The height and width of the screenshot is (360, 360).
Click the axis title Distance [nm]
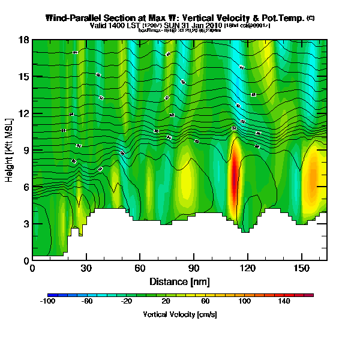[179, 281]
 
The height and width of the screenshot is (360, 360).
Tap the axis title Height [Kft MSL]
[10, 150]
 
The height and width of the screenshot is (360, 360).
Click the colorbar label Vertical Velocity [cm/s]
[180, 314]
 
